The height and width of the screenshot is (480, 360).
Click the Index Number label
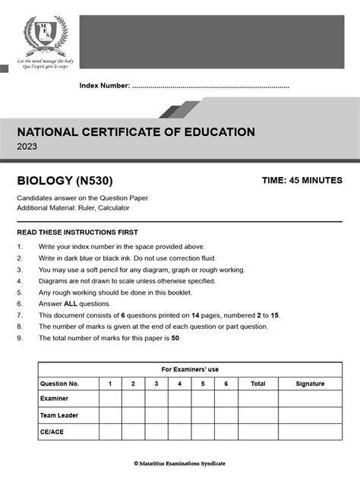tap(105, 86)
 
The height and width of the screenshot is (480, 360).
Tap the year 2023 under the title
tap(27, 148)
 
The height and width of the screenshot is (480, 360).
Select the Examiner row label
tap(54, 399)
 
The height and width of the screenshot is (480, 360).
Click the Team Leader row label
tap(58, 415)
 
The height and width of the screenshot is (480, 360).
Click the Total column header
tap(257, 384)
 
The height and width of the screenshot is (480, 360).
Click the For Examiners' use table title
tap(190, 369)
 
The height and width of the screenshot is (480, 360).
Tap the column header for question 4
tap(179, 384)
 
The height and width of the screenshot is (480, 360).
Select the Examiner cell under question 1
tap(110, 399)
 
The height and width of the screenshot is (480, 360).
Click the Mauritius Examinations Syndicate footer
tap(179, 463)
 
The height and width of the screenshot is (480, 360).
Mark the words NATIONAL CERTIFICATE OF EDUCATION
tap(136, 132)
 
